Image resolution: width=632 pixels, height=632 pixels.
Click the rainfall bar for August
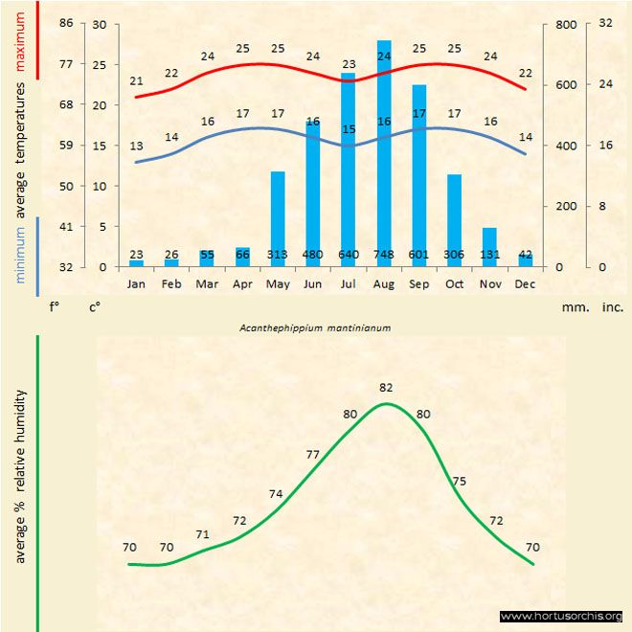click(384, 153)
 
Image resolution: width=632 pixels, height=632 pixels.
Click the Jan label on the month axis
click(136, 284)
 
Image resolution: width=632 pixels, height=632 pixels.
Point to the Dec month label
click(525, 284)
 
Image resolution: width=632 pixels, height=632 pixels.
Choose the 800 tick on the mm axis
click(567, 23)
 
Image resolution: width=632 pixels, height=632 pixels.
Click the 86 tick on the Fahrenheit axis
click(66, 23)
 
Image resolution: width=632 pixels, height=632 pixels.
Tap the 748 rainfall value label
click(384, 255)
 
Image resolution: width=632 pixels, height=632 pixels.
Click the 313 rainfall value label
click(278, 255)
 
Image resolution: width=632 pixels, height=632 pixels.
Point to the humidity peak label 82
click(386, 388)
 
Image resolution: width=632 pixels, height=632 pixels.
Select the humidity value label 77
click(312, 454)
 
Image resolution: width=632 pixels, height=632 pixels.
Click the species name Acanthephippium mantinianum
click(316, 327)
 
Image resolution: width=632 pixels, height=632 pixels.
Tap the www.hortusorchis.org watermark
click(561, 616)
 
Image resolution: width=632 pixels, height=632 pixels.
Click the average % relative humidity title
click(18, 475)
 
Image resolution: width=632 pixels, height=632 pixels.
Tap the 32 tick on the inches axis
click(605, 23)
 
